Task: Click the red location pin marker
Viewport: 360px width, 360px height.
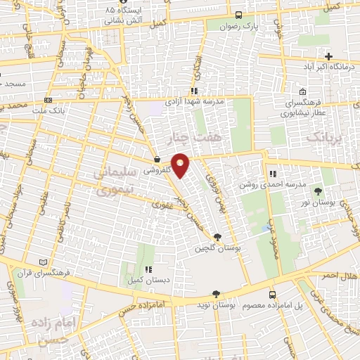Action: pyautogui.click(x=181, y=165)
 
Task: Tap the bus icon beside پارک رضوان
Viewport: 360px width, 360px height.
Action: pyautogui.click(x=240, y=15)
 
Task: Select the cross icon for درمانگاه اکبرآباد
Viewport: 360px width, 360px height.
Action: pyautogui.click(x=328, y=56)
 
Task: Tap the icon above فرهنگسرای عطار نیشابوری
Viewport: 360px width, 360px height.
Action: pyautogui.click(x=302, y=92)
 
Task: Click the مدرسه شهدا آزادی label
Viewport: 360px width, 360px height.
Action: pyautogui.click(x=194, y=102)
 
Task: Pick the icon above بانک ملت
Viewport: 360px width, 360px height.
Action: pyautogui.click(x=48, y=100)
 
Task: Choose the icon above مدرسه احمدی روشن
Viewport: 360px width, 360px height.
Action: pyautogui.click(x=273, y=174)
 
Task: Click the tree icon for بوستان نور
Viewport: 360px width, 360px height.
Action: pyautogui.click(x=321, y=191)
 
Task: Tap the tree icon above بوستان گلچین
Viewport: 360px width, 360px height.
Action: pyautogui.click(x=217, y=237)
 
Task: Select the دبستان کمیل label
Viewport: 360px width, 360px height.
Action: pyautogui.click(x=147, y=280)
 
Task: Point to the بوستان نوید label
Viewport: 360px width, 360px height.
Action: pyautogui.click(x=214, y=307)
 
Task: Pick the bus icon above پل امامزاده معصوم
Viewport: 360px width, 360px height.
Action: pyautogui.click(x=273, y=295)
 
